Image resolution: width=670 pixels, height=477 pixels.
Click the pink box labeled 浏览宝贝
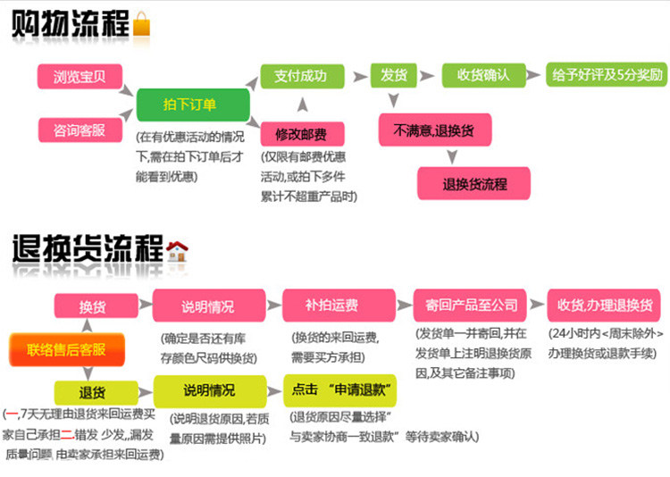(x=80, y=76)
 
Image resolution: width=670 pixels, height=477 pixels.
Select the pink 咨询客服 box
(x=80, y=130)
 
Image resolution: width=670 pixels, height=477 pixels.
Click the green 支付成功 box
(x=300, y=75)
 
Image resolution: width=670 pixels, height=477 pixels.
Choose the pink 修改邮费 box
(x=301, y=134)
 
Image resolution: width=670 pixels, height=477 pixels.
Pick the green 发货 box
(x=394, y=75)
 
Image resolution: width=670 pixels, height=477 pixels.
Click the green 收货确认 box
(x=483, y=75)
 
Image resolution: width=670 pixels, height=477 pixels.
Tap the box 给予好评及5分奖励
(x=606, y=75)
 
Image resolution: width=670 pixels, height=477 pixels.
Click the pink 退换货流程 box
(x=474, y=184)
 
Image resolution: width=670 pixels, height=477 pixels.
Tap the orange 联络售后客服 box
(x=66, y=349)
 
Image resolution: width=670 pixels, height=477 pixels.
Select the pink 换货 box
(x=92, y=306)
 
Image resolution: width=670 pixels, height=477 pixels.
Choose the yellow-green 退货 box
(x=92, y=392)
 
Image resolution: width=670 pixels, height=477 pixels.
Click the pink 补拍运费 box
(x=331, y=305)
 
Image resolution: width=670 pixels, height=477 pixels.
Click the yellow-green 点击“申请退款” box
(x=340, y=390)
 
